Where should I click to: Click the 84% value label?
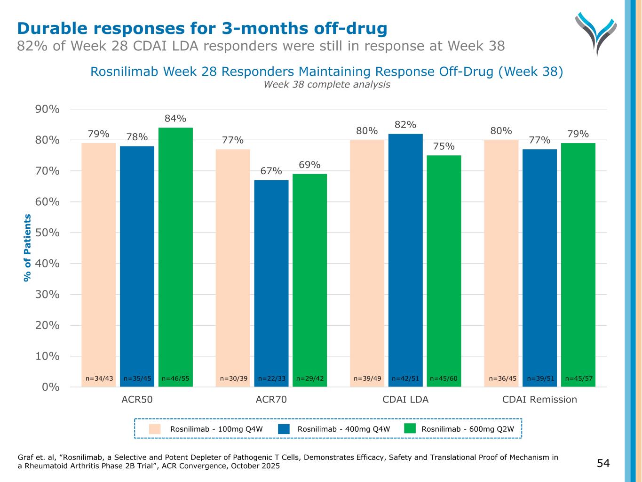click(x=175, y=119)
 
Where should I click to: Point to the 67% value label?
click(x=271, y=171)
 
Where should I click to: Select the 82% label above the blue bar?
click(x=405, y=125)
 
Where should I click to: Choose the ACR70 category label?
click(x=271, y=400)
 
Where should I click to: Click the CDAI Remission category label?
click(x=539, y=400)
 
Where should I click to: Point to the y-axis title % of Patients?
click(x=27, y=248)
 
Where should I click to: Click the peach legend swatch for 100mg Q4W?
click(x=155, y=429)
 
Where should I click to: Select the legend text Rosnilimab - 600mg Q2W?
click(x=468, y=429)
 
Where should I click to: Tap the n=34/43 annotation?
click(x=99, y=378)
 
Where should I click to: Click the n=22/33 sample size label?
click(x=272, y=378)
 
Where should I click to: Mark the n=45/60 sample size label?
click(x=444, y=378)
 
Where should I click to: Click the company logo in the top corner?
click(x=595, y=33)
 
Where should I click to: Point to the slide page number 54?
click(x=603, y=463)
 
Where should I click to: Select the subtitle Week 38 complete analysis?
click(x=326, y=85)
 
